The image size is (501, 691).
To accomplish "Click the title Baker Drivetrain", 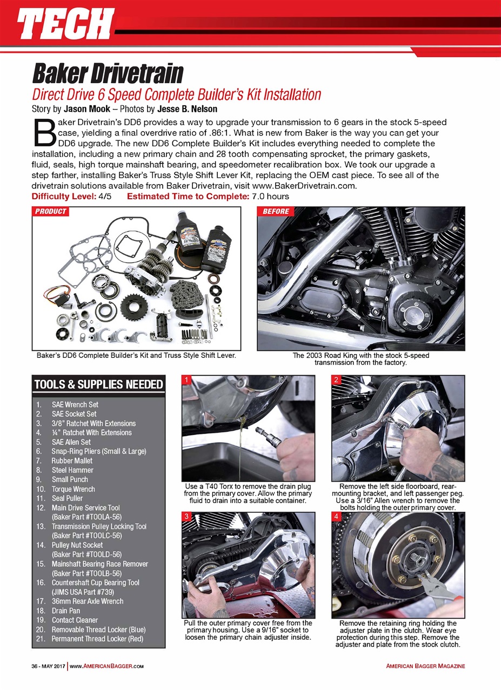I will pos(108,73).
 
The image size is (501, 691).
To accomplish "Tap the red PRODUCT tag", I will pos(51,211).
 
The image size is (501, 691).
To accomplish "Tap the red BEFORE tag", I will pos(276,211).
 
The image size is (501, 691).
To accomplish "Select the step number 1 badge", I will pos(186,380).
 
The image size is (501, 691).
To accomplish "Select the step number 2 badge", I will pos(336,380).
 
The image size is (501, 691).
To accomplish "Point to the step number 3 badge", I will pos(186,517).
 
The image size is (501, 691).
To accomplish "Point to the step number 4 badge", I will pos(336,517).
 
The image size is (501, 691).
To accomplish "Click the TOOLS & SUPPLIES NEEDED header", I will pos(98,384).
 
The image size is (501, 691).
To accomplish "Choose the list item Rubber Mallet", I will pos(72,460).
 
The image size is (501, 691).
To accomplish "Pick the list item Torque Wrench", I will pos(73,489).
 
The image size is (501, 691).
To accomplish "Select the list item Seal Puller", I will pos(67,498).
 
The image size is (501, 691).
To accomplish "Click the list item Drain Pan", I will pos(66,611).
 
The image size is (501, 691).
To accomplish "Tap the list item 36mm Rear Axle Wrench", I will pos(87,601).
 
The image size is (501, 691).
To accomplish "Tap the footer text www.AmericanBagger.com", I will pos(106,666).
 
